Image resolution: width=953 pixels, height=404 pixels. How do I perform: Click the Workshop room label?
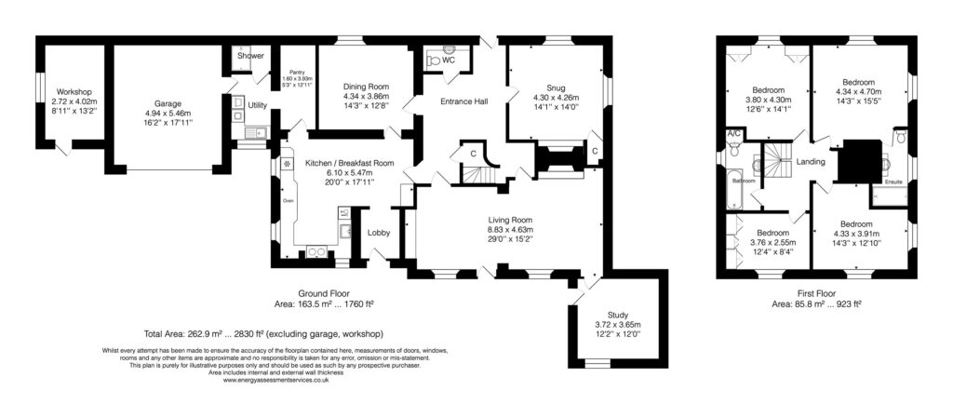pyautogui.click(x=71, y=91)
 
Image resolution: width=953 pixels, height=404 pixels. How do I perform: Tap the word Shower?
pyautogui.click(x=250, y=56)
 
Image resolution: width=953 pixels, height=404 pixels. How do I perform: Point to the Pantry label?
pyautogui.click(x=297, y=72)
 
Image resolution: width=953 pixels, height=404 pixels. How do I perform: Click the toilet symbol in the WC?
pyautogui.click(x=435, y=59)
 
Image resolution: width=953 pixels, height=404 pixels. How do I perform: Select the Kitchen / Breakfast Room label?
pyautogui.click(x=350, y=163)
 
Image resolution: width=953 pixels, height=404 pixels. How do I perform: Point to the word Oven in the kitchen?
pyautogui.click(x=289, y=200)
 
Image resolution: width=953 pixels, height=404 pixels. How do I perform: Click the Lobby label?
pyautogui.click(x=377, y=233)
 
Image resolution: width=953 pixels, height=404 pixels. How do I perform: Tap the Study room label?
pyautogui.click(x=618, y=315)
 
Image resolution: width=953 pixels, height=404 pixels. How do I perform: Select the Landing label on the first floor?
pyautogui.click(x=812, y=161)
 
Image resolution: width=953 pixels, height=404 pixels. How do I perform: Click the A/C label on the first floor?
pyautogui.click(x=732, y=135)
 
